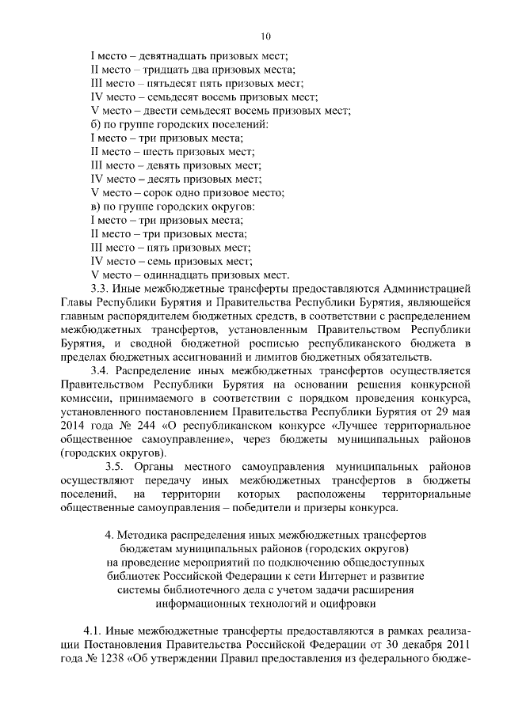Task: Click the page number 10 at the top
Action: [x=266, y=36]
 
